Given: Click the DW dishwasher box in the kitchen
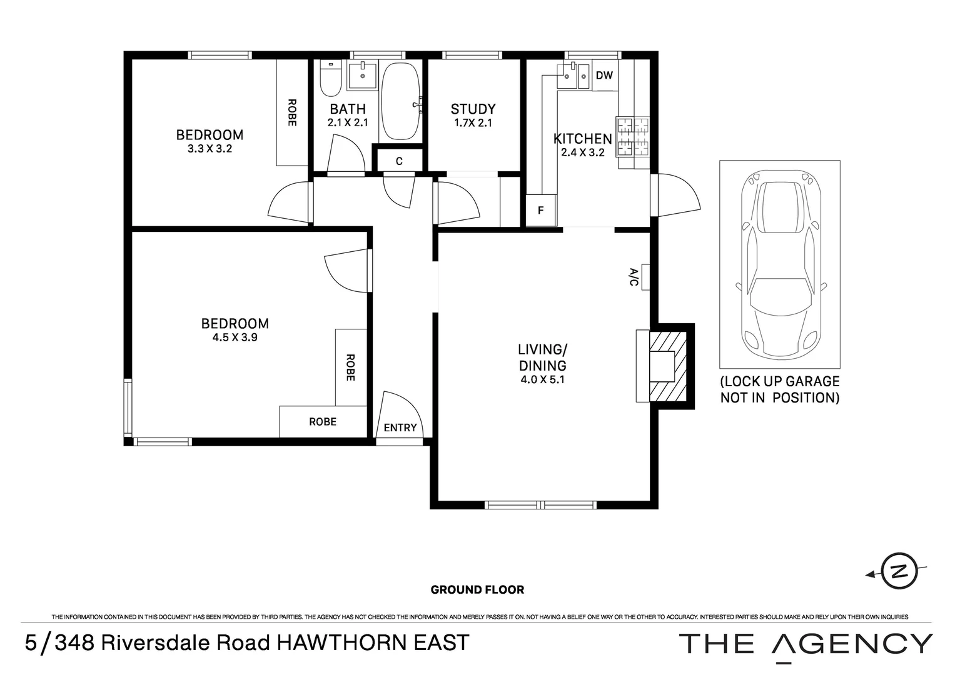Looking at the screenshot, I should pos(604,76).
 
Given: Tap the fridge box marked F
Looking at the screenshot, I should pos(541,211).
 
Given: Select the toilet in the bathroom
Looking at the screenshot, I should pos(330,79).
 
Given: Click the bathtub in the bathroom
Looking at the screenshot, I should pos(401,101).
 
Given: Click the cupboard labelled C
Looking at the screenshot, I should pos(399,161).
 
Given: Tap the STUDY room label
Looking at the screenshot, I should pos(473,109).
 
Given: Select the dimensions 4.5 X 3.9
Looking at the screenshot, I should pos(235,337).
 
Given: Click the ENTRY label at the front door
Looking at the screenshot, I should pos(400,427).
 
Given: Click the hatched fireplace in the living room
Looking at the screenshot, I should pos(668,366).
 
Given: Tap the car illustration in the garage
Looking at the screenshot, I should pos(779,266).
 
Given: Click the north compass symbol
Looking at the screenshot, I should pos(899,571).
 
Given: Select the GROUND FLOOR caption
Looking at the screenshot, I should pos(477,589).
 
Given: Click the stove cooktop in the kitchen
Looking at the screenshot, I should pos(634,137).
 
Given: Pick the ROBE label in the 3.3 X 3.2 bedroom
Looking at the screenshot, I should pos(291,112).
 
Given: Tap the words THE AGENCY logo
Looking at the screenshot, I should pos(805,644).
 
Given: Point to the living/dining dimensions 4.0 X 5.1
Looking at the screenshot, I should pos(542,379).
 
